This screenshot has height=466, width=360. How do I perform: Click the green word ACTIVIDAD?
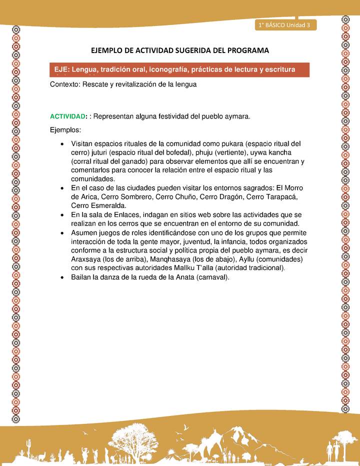coord(67,116)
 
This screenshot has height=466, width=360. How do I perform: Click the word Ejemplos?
coord(65,130)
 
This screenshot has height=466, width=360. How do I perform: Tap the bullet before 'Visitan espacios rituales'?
coord(61,144)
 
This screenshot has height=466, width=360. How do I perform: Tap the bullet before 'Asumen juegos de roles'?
coord(61,233)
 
